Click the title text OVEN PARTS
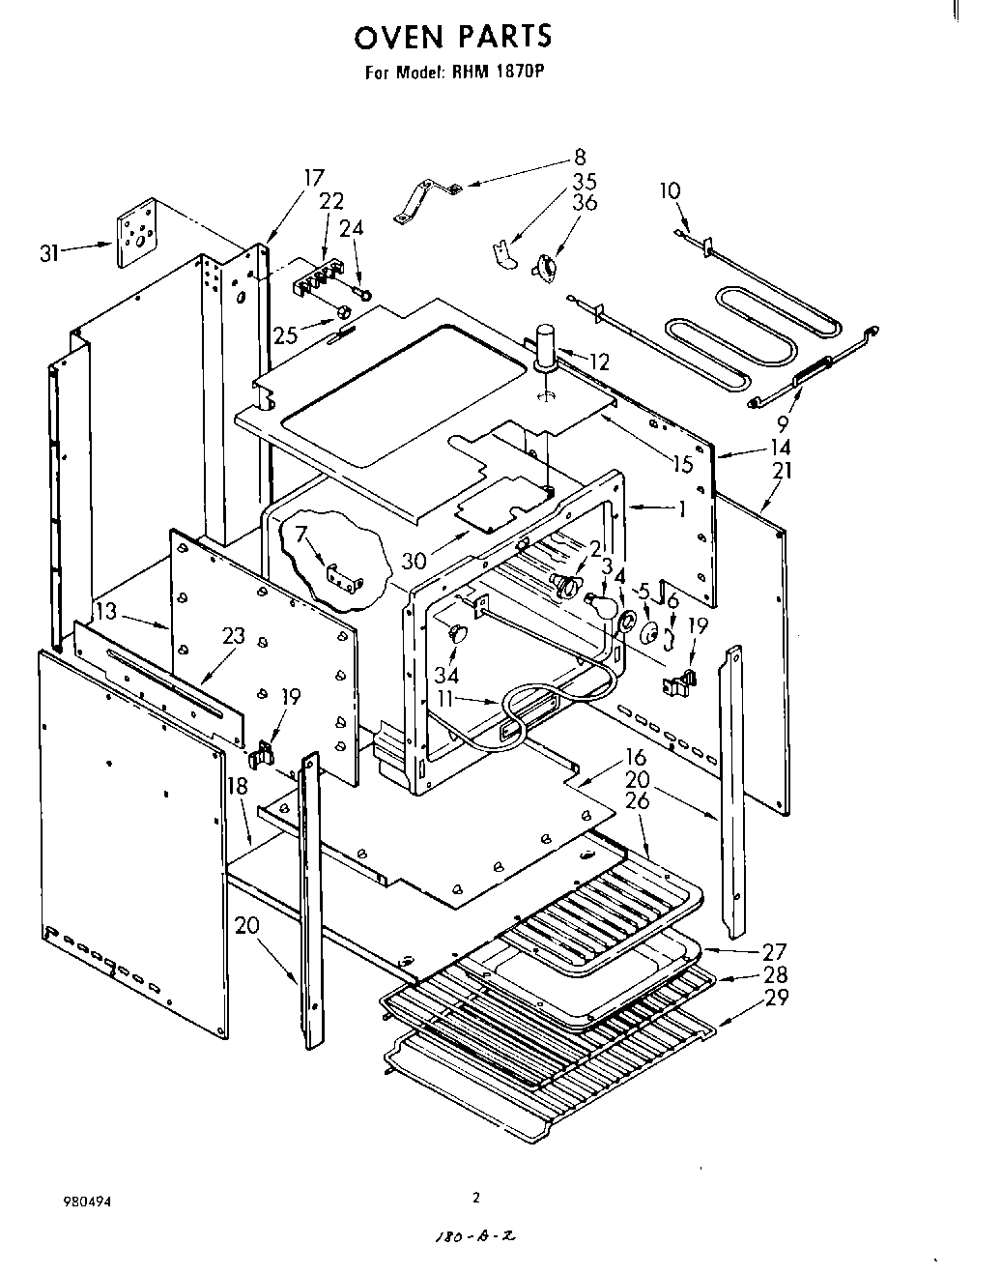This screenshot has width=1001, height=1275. pos(453,37)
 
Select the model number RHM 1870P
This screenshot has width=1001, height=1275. pos(492,72)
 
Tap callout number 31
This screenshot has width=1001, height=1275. pos(50,253)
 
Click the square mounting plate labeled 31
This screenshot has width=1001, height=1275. pos(136,233)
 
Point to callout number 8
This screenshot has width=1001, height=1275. pos(579,157)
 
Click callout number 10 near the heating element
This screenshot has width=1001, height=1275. pos(671,190)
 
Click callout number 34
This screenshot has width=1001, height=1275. pos(446,674)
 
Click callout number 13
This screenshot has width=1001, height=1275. pos(106,611)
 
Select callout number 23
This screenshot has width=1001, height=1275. pos(233,635)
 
